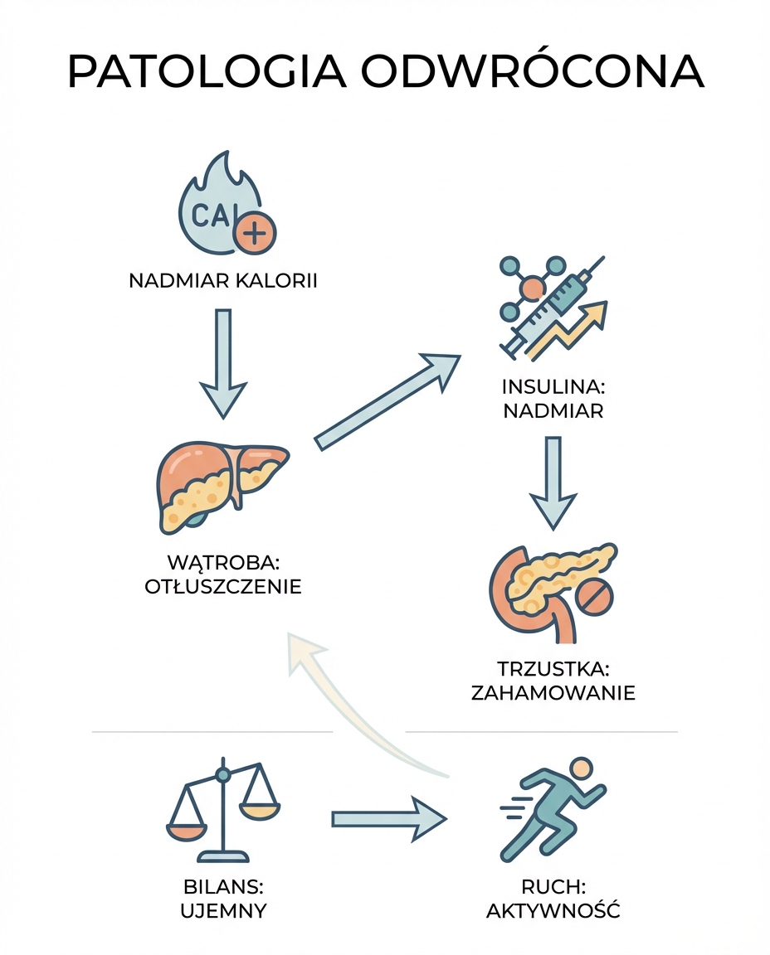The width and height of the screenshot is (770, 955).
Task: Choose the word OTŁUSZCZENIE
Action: [x=223, y=587]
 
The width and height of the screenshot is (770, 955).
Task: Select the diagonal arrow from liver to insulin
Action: [x=387, y=400]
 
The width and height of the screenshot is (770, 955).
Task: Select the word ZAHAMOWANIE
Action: [x=553, y=692]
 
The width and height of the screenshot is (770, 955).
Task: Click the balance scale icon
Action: [x=222, y=812]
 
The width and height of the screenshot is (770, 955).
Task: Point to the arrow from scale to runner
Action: [x=388, y=819]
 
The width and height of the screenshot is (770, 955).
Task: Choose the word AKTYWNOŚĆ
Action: [x=553, y=911]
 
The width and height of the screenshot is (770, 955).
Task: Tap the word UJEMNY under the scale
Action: [x=222, y=911]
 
